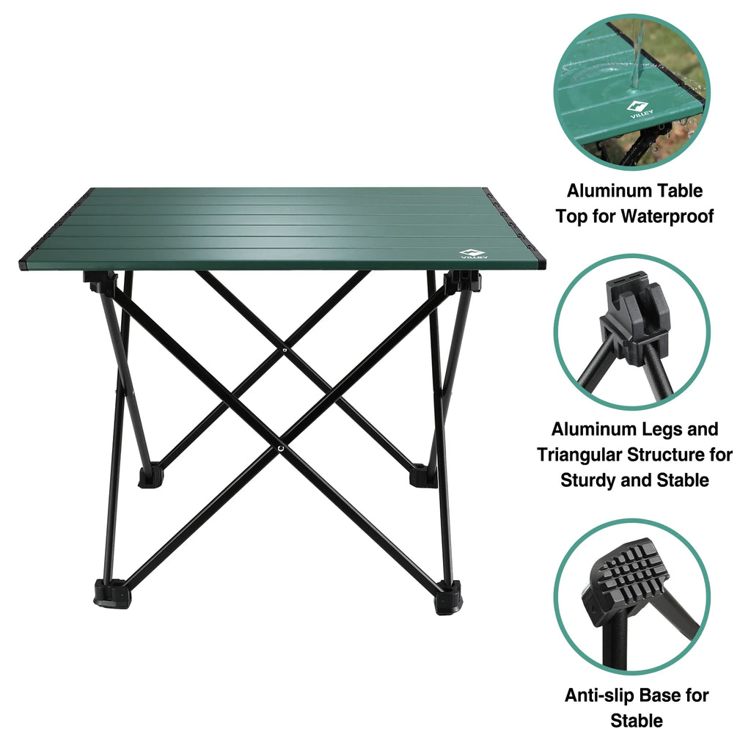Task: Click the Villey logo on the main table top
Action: (469, 252)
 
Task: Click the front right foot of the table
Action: (447, 598)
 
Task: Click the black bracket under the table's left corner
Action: (101, 282)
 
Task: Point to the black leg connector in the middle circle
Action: (632, 323)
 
